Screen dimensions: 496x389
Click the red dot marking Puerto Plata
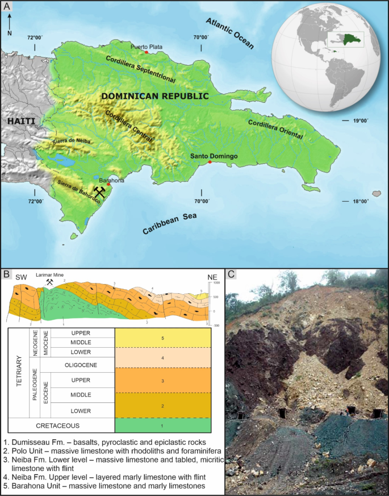pos(146,52)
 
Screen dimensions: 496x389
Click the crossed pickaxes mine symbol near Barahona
pos(101,192)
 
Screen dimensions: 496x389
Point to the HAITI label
pos(21,121)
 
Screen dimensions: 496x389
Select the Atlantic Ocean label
pos(229,34)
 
